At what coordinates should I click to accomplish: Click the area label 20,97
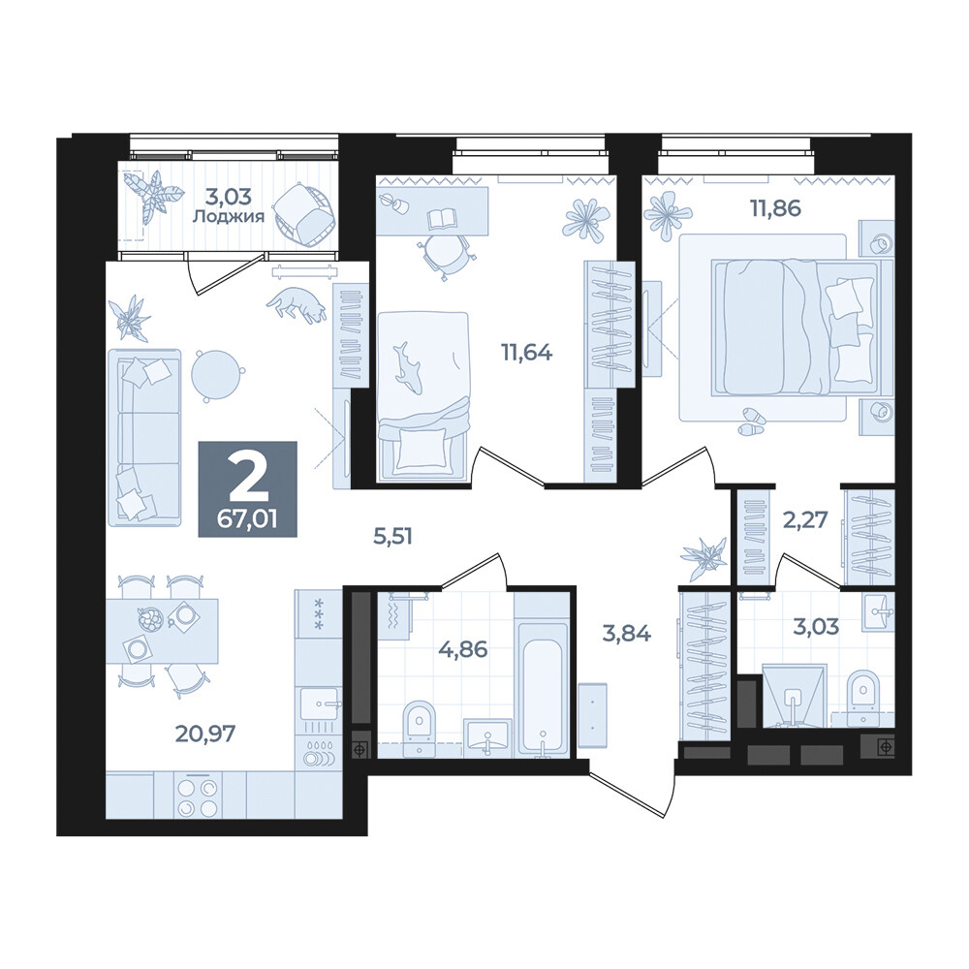tap(204, 734)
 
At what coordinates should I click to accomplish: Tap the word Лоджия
tap(229, 217)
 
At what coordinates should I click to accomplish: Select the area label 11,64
tap(526, 353)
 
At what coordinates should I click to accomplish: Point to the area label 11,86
tap(775, 208)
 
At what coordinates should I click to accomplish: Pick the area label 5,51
tap(392, 536)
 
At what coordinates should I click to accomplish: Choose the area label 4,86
tap(462, 649)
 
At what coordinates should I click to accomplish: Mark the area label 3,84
tap(626, 633)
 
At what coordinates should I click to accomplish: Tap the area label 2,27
tap(804, 519)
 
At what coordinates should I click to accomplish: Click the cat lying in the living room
tap(296, 303)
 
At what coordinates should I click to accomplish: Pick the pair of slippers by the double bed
tap(751, 422)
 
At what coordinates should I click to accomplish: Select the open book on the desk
tap(441, 218)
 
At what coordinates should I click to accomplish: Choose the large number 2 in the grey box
tap(248, 479)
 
